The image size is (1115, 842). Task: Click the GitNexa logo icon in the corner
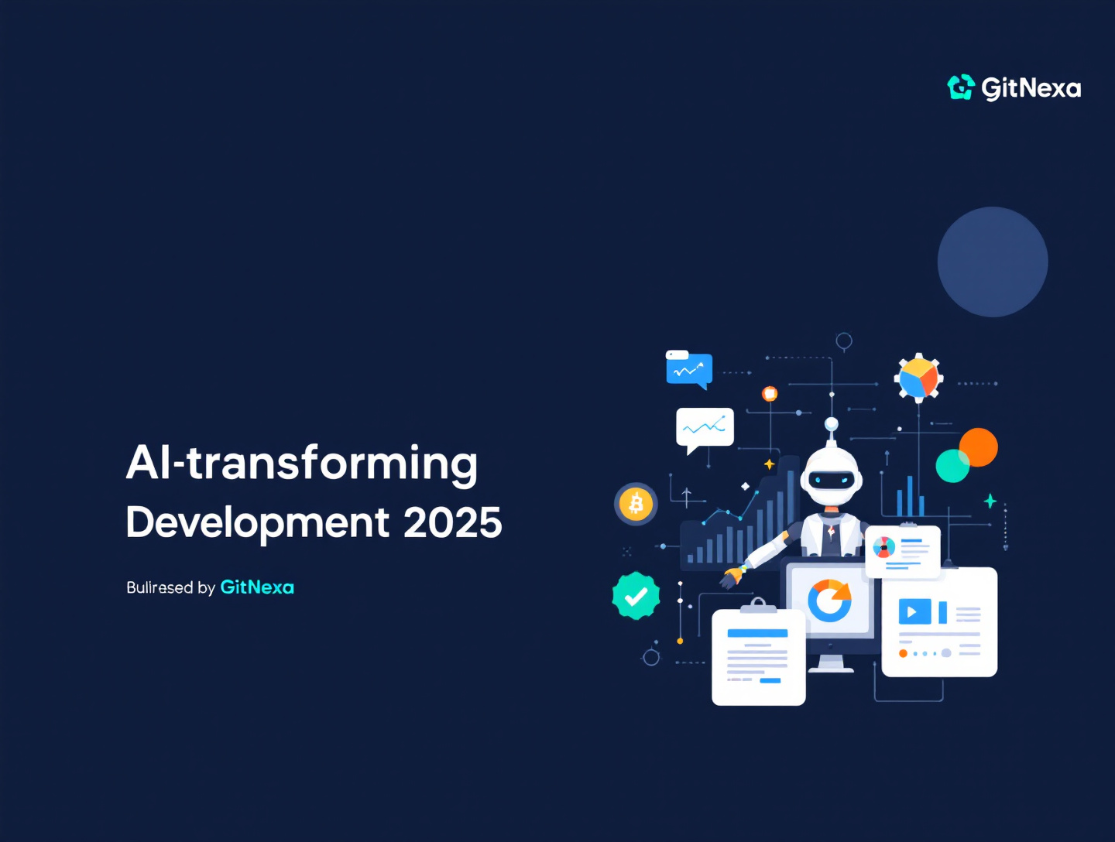961,87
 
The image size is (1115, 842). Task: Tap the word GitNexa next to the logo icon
1031,88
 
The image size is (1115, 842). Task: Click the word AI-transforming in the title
301,463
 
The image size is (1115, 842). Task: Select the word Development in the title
258,523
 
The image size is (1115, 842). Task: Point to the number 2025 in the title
453,523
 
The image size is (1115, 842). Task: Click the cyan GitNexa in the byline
257,587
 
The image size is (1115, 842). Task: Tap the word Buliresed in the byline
160,587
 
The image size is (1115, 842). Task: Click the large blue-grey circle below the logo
993,262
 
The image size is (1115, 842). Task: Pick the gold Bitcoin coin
636,504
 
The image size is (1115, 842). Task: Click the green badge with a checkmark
636,596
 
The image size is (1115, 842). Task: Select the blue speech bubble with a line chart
689,369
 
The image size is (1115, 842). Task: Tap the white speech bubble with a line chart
705,428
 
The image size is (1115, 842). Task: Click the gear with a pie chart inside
918,378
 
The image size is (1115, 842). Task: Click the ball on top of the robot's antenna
831,423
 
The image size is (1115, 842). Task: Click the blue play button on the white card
914,612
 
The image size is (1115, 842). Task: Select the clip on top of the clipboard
758,604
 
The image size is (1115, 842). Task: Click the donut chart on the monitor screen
829,601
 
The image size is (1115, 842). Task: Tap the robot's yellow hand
730,577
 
